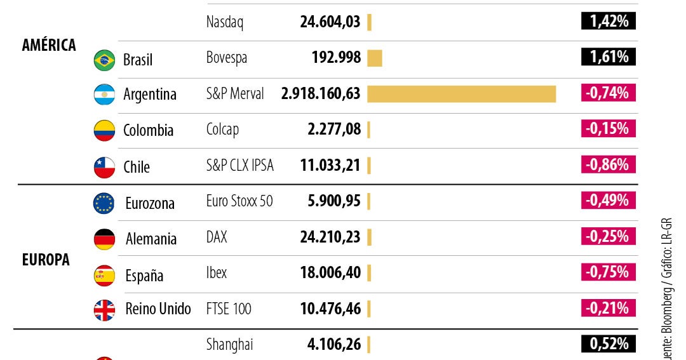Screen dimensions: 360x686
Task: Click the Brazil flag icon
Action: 104,60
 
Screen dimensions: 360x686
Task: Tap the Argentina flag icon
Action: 104,95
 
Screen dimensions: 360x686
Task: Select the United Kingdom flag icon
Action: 104,310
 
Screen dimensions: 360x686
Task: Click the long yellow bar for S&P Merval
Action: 461,94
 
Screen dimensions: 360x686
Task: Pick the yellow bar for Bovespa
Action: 374,58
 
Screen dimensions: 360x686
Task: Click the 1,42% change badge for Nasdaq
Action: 608,22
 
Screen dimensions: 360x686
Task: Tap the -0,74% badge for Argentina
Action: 608,93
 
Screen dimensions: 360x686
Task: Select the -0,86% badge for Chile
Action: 608,165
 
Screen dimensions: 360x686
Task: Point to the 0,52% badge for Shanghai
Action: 608,344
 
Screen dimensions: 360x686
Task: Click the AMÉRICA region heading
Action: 49,45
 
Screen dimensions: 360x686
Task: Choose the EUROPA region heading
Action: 46,260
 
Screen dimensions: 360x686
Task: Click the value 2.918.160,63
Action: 321,94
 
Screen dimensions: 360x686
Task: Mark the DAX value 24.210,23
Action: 330,237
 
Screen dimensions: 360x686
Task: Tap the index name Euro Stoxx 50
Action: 239,201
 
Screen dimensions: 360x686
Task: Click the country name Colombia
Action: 148,130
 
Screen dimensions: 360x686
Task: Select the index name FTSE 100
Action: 229,309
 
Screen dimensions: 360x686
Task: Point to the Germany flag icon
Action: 104,239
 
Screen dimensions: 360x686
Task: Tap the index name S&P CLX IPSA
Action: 240,166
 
